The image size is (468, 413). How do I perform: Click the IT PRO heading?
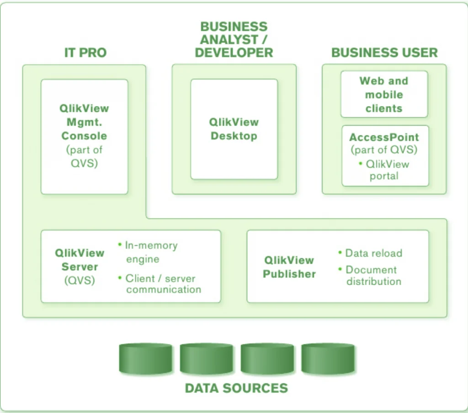85,53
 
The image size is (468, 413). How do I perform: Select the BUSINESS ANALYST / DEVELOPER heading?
234,40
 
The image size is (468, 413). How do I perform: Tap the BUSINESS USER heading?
384,53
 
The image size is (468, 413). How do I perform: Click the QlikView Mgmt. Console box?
84,136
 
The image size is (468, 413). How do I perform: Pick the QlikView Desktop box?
234,129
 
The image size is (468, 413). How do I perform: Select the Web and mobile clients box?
384,95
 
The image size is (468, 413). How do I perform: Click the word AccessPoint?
384,138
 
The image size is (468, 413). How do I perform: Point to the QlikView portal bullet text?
387,170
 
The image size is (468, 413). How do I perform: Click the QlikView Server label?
80,259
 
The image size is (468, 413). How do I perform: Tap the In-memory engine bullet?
151,252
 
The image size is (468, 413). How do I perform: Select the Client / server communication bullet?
163,284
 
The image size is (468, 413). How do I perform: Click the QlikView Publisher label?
289,267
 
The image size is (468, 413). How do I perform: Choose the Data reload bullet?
373,253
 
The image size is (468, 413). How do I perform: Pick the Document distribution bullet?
373,275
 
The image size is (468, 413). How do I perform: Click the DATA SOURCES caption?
236,388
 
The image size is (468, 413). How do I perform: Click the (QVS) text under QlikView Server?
80,280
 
